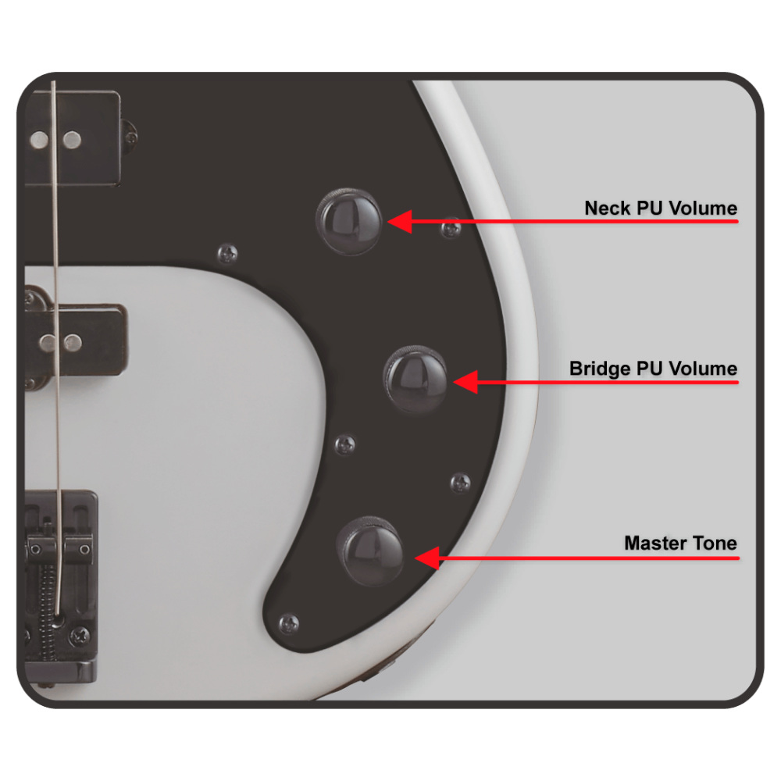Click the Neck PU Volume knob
click(349, 222)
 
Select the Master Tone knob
click(369, 551)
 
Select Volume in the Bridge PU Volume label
click(703, 369)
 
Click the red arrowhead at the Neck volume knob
click(400, 222)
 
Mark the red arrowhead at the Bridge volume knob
click(466, 382)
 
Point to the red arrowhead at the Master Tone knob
click(427, 558)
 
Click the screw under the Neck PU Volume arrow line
click(451, 229)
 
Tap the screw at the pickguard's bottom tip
click(289, 623)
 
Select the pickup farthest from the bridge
click(73, 138)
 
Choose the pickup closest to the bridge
click(75, 342)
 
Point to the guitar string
click(55, 348)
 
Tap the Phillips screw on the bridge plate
click(80, 636)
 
